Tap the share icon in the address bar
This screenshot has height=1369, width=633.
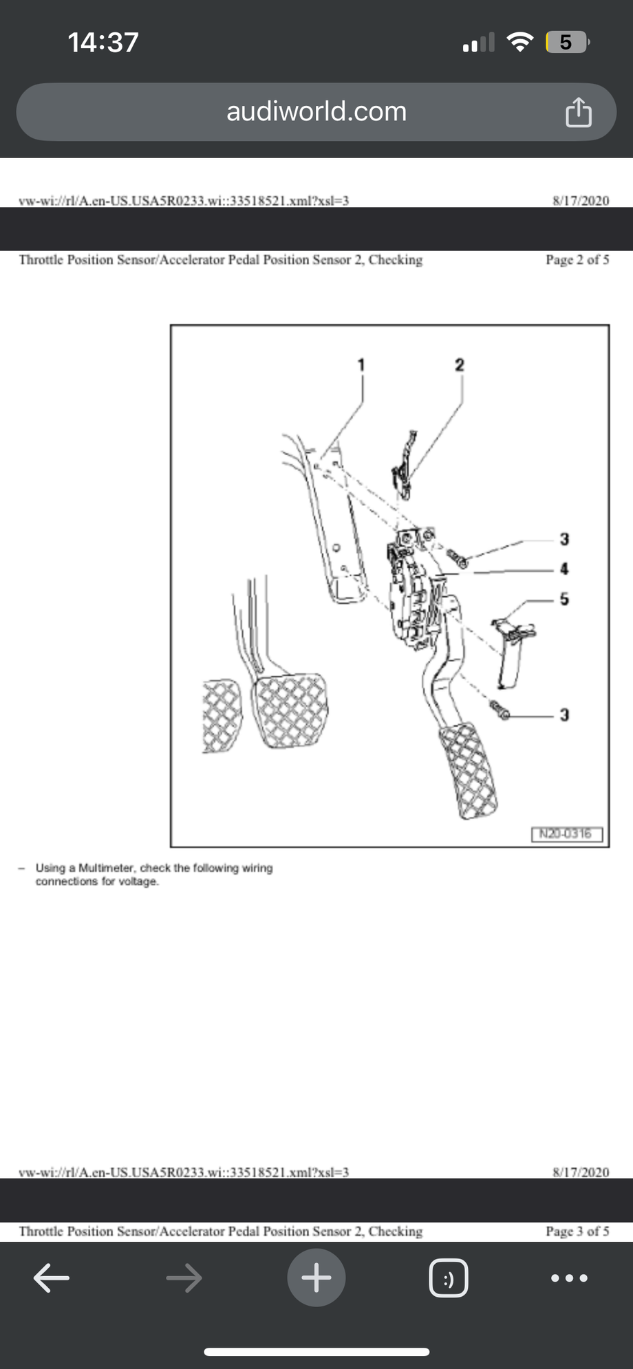coord(578,112)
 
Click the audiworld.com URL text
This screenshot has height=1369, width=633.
coord(316,111)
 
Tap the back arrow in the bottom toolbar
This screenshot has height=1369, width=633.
coord(52,1278)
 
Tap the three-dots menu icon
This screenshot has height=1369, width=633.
coord(569,1278)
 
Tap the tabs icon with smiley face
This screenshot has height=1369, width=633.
coord(449,1278)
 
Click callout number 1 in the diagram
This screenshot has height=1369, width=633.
coord(362,365)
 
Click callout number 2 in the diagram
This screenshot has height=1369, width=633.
coord(460,365)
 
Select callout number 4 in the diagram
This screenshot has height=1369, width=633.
coord(564,569)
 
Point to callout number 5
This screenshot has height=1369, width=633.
coord(564,599)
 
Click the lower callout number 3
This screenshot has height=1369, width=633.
coord(564,715)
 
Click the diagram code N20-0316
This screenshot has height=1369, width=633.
coord(566,834)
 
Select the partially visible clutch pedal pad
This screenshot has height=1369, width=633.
coord(220,715)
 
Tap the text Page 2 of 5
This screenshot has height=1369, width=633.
coord(577,260)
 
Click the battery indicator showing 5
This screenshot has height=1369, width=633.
coord(566,43)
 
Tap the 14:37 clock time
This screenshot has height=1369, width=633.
coord(103,43)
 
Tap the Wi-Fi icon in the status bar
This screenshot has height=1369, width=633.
coord(519,43)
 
